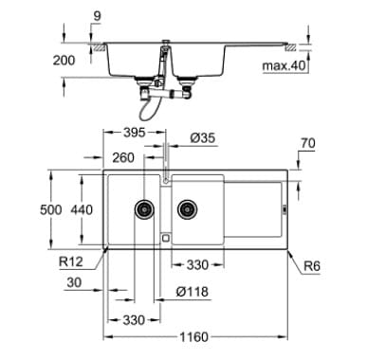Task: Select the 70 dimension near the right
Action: (306, 145)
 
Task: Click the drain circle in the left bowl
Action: (144, 206)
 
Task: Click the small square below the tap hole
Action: (166, 237)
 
